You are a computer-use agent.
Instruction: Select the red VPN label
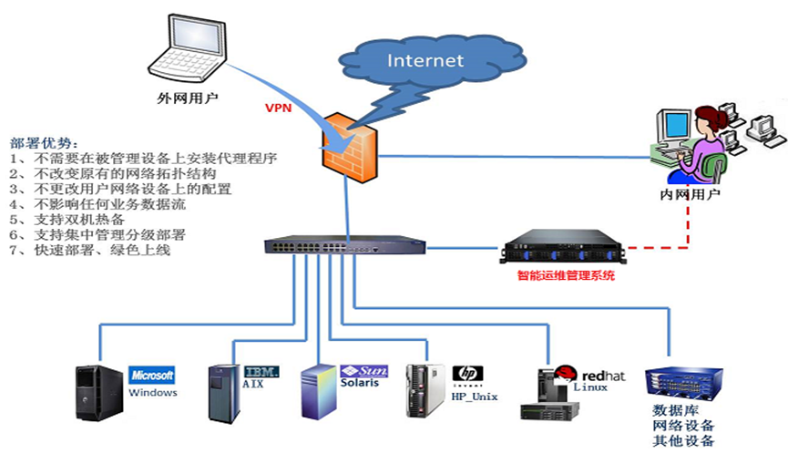278,108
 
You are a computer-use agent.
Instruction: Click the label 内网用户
690,195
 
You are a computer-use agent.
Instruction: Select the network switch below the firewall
345,245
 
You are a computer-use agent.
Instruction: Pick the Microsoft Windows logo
152,375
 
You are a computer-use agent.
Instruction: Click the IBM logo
261,370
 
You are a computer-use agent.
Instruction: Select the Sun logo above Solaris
366,371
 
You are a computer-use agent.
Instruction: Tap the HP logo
467,374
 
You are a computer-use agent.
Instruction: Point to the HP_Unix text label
475,396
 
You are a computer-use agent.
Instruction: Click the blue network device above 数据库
681,385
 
